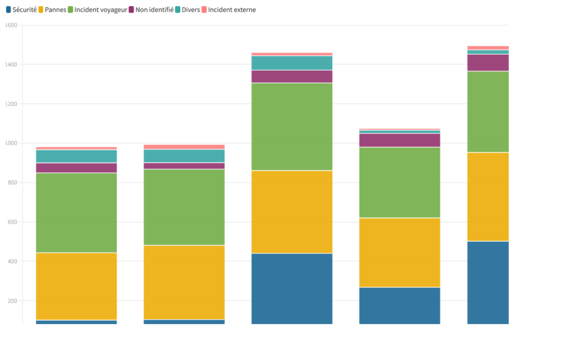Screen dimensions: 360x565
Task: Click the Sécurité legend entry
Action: (21, 9)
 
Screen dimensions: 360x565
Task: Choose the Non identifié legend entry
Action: (151, 9)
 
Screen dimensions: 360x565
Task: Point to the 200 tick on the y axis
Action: (12, 301)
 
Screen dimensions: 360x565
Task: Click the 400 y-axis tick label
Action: (12, 261)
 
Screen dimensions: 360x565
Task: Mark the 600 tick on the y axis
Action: (12, 222)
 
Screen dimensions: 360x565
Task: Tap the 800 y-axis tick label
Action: (12, 183)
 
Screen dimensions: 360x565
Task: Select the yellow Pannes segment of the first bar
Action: (76, 286)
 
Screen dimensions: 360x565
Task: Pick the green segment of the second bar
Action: (184, 207)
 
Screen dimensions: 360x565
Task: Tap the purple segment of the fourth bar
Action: (399, 140)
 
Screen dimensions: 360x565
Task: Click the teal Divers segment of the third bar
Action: (292, 63)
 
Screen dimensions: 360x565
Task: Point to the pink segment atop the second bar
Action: (184, 147)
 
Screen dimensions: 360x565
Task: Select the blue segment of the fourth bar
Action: (399, 305)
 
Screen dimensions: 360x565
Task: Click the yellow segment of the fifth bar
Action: (488, 197)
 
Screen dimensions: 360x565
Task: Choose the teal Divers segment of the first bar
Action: (76, 156)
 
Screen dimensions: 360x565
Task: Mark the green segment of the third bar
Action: (292, 126)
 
